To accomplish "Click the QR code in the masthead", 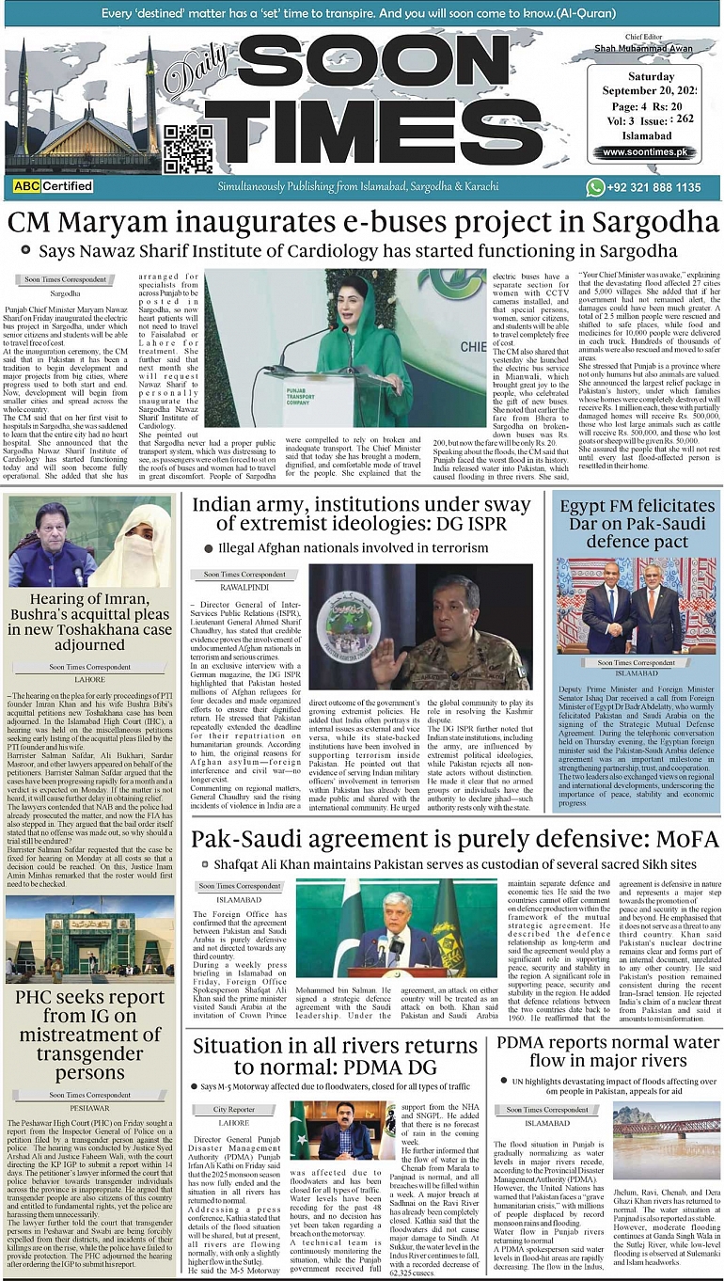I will (x=189, y=149).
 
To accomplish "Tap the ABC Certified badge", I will (x=54, y=186).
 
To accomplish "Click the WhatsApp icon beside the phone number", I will (x=595, y=187).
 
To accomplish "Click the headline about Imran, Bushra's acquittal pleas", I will (x=89, y=622).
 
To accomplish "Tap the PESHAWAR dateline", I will (x=89, y=1108).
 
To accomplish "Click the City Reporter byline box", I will (x=234, y=1109).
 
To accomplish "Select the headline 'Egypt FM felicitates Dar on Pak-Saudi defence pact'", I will (x=637, y=524).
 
